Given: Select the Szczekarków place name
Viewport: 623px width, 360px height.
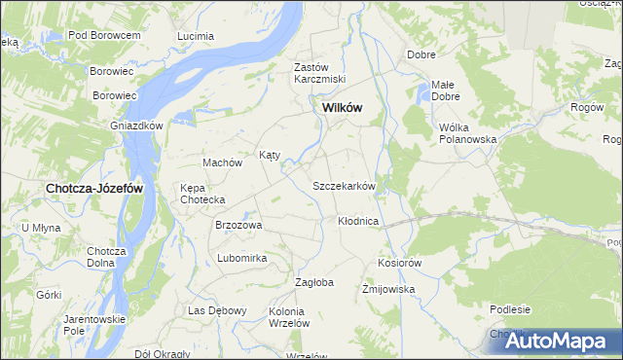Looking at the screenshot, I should pos(344,185).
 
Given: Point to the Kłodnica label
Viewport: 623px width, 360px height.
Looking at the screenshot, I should pos(357,222).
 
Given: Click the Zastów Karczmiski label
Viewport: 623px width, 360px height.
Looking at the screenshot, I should pos(320,73).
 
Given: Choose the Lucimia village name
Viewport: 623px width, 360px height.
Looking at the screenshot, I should pos(195,36).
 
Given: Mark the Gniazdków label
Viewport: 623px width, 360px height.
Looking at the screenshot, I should pos(135,126).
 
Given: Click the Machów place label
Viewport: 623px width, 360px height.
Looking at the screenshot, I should pos(221,162).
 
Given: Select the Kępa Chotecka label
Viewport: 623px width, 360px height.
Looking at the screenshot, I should pos(202,194).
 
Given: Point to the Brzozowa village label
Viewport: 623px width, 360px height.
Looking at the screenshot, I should pos(238,225).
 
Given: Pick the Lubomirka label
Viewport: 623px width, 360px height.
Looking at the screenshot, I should pos(242,258).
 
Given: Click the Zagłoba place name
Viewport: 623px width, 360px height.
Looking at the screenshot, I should pos(314,282).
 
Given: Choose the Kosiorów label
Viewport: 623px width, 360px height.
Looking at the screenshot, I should pos(399,263).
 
